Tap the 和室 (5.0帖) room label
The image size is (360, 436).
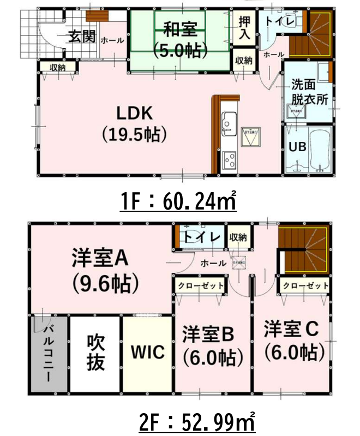point(180,38)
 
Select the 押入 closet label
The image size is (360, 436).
point(243,28)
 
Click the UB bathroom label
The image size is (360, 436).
point(297,147)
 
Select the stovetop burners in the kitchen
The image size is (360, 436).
point(229,160)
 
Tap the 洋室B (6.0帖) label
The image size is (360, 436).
point(212,345)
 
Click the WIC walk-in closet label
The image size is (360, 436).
point(147,352)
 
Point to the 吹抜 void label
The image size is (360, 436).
point(95,352)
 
